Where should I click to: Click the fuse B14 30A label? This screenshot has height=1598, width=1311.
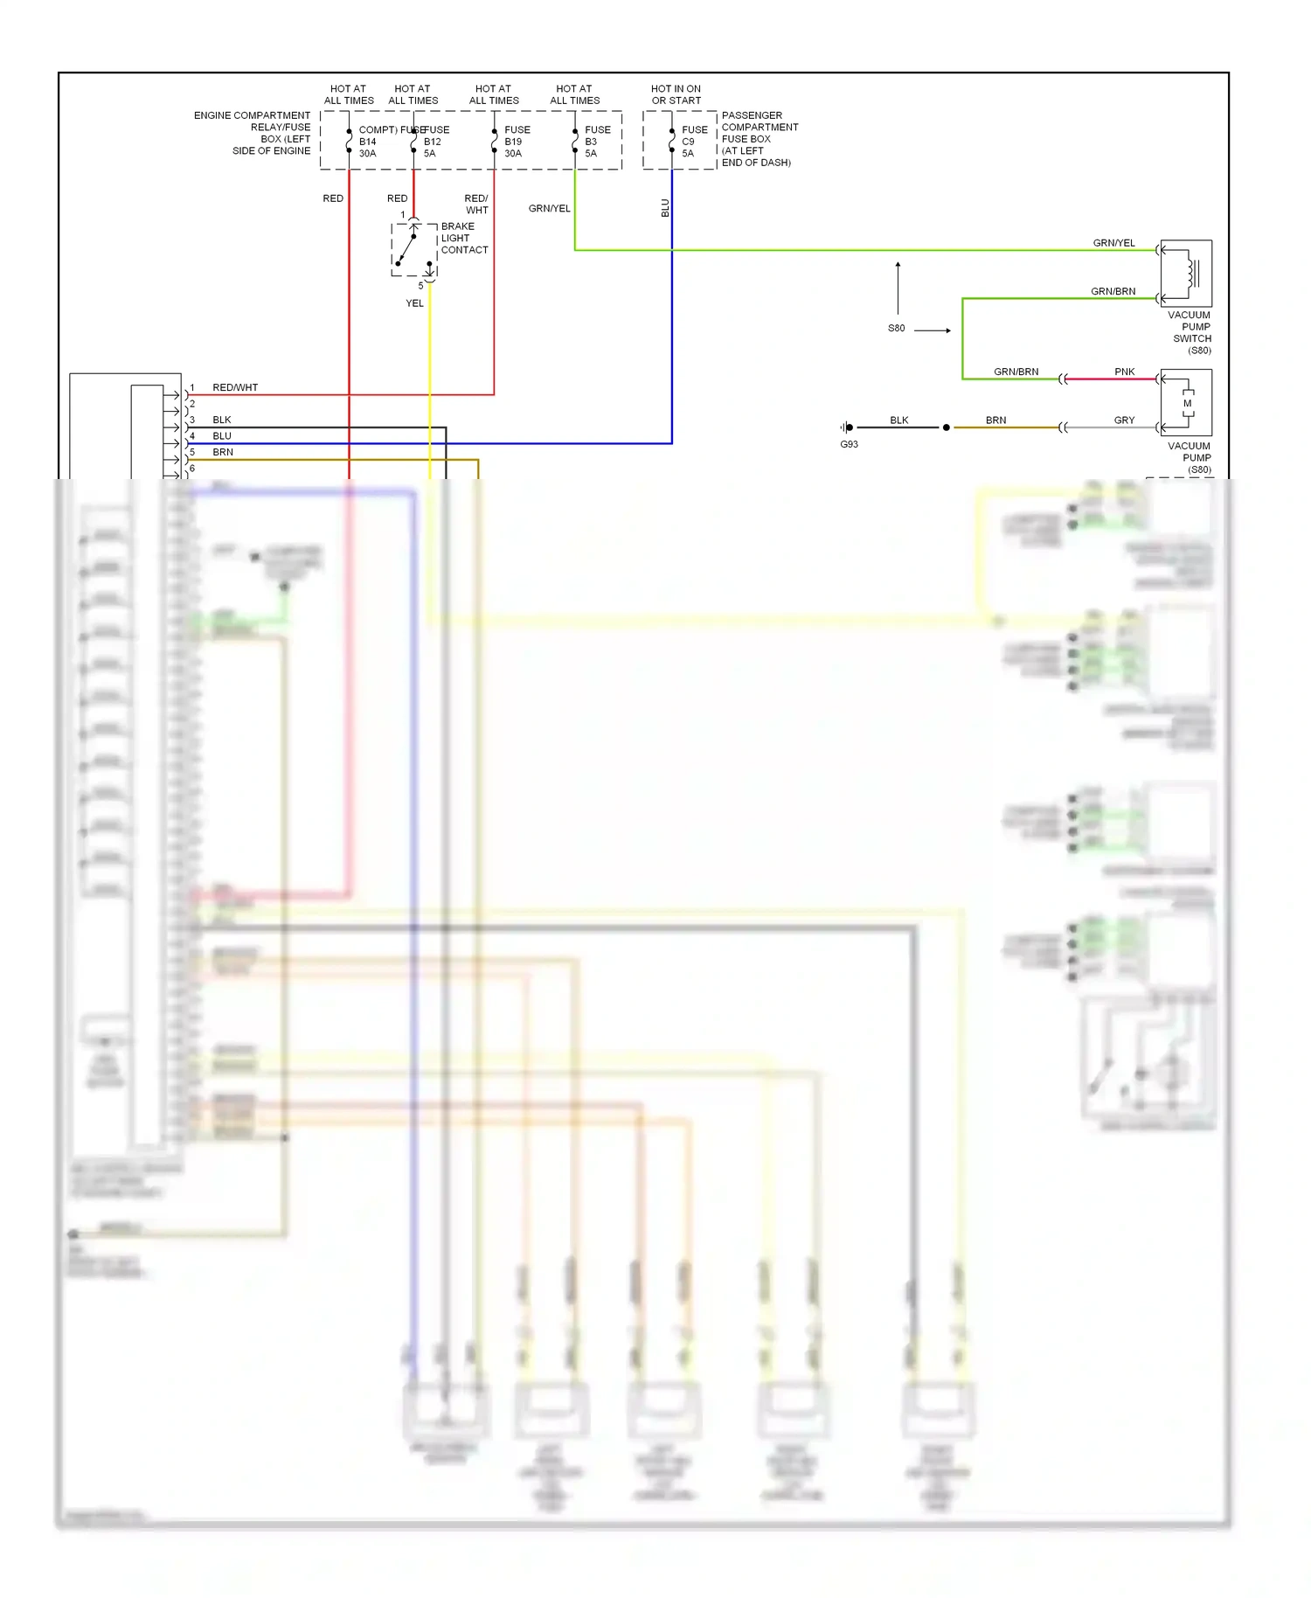[x=368, y=142]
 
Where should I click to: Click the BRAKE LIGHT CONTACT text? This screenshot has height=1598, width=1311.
[x=463, y=238]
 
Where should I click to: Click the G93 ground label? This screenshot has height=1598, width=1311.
[x=849, y=444]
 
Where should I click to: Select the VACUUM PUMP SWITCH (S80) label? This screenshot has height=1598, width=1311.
[x=1190, y=332]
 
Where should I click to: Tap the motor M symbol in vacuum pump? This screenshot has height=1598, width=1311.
[x=1187, y=403]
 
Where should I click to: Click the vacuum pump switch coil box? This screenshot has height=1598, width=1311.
[x=1186, y=273]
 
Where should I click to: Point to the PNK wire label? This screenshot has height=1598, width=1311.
[x=1124, y=372]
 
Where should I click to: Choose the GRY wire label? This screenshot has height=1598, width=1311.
[x=1124, y=420]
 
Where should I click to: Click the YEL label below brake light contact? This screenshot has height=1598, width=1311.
[x=414, y=303]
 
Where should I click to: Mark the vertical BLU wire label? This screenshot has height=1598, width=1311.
[x=665, y=208]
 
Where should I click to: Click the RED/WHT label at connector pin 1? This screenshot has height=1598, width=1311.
[x=235, y=387]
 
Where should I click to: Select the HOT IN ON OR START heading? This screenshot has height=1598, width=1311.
[x=676, y=94]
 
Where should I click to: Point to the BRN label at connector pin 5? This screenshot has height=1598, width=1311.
[x=223, y=452]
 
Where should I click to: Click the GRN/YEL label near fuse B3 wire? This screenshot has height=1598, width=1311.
[x=549, y=208]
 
